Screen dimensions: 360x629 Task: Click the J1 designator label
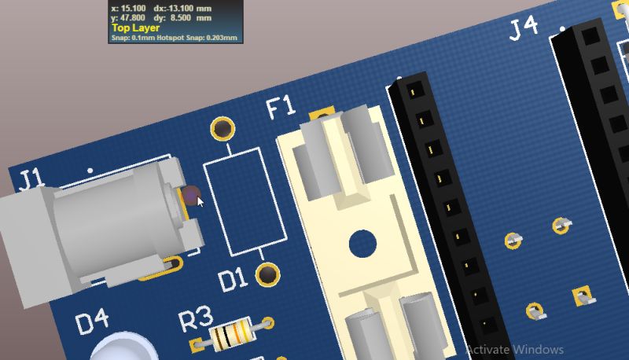31,178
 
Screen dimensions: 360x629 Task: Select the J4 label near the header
524,28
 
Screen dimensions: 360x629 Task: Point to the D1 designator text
234,279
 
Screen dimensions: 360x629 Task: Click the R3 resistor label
196,319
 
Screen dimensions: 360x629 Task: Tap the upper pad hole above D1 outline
223,128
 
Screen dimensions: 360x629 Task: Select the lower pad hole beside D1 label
268,274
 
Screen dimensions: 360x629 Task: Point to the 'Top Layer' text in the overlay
135,28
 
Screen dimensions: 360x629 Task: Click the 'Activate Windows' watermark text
515,349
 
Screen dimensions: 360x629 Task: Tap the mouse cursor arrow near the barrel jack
200,201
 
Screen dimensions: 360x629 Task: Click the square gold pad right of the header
582,296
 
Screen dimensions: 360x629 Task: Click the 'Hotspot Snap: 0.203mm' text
197,37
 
